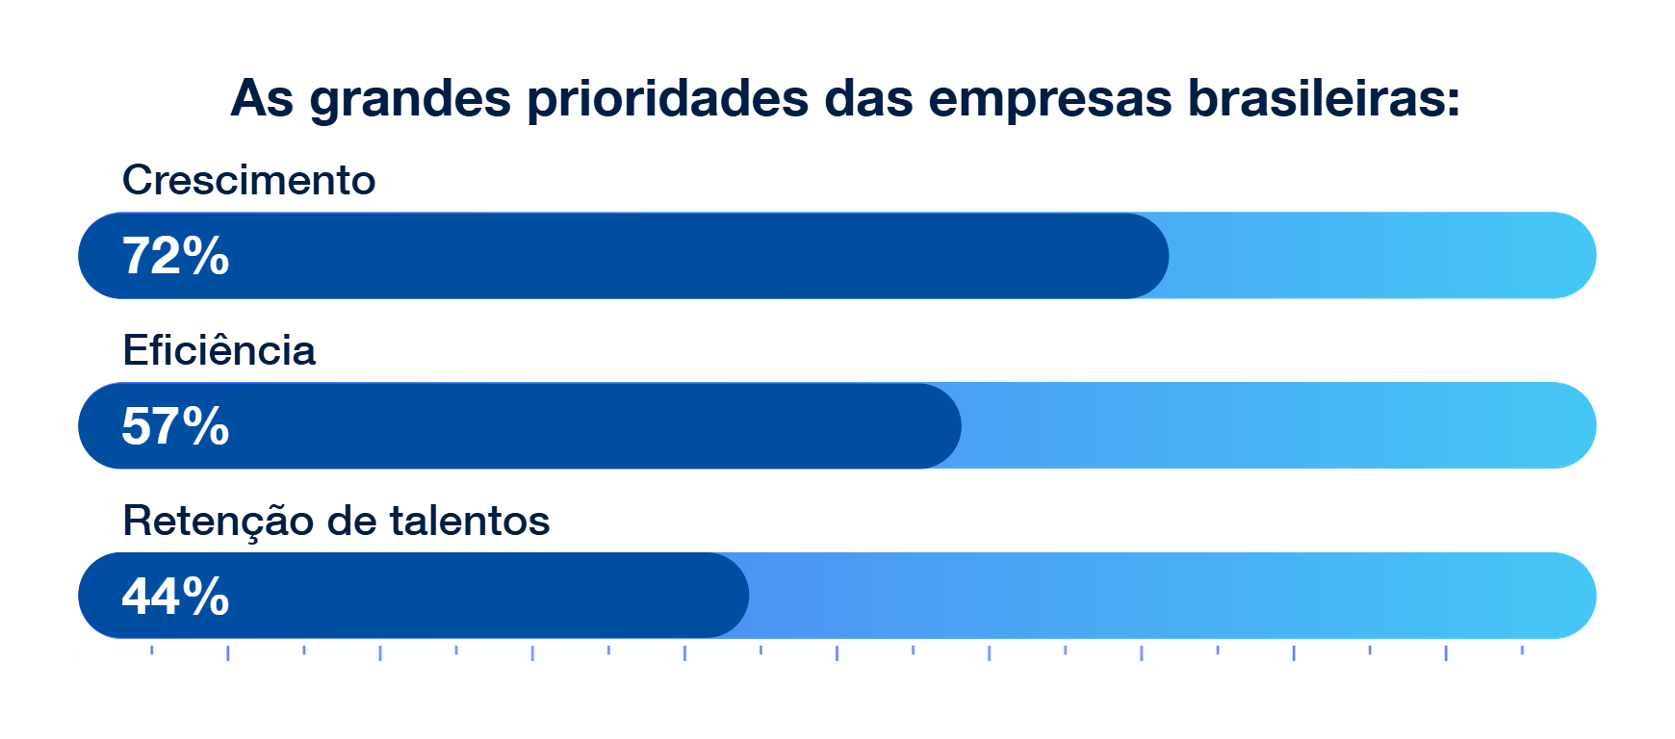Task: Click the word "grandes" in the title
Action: (x=409, y=99)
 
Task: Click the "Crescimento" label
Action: (x=248, y=180)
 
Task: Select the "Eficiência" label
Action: (x=219, y=350)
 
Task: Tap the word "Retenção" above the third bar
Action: (x=218, y=521)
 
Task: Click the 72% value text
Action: (x=175, y=256)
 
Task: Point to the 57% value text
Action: (x=175, y=426)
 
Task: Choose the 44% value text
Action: (x=175, y=597)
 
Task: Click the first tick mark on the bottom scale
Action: (x=151, y=650)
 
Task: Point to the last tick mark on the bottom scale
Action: (x=1522, y=650)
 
